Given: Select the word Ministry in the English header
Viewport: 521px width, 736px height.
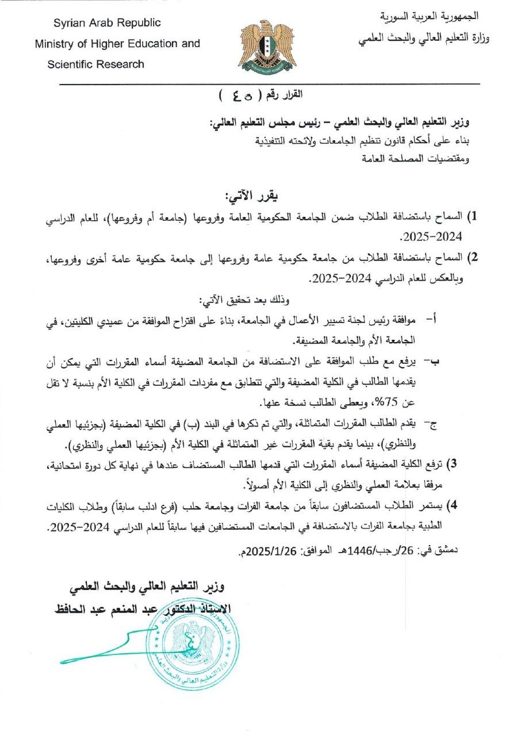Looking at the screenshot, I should click(x=56, y=44).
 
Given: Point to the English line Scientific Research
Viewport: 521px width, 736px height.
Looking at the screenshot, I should click(x=96, y=64).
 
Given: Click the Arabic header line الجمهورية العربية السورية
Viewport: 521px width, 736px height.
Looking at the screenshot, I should click(x=430, y=16).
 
